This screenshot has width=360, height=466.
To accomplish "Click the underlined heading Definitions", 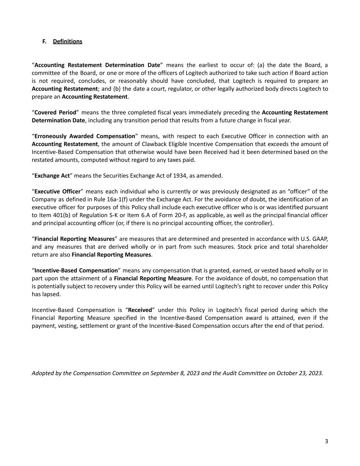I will (68, 41).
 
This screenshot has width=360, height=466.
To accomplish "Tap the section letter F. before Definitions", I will (44, 41).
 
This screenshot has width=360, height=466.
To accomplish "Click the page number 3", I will (326, 441).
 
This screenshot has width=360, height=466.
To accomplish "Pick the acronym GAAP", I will (319, 239).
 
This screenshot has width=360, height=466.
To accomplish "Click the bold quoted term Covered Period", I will (55, 113).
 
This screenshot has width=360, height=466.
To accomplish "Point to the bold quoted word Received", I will (140, 310).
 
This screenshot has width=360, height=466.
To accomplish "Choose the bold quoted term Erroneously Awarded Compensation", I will (85, 136).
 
